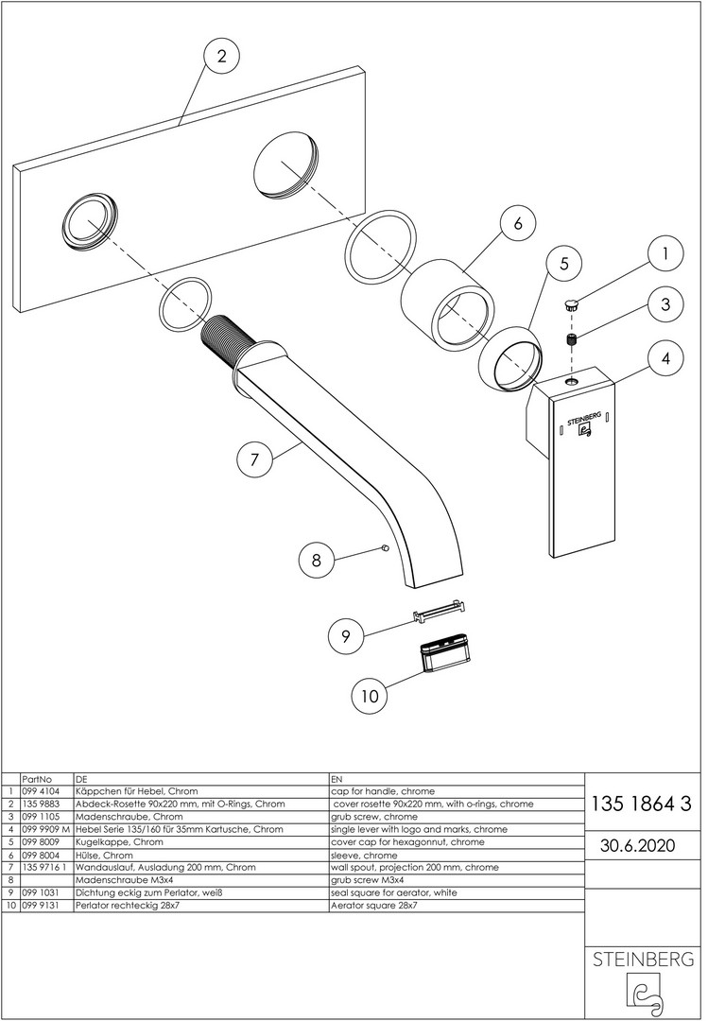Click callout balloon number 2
coord(221,57)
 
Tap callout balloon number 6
coord(517,224)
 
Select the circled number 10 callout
coord(370,696)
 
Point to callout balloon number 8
coord(317,560)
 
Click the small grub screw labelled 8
coord(384,547)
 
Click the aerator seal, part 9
coord(441,613)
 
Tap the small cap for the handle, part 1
coord(572,305)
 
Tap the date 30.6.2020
coord(637,845)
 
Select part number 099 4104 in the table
coord(40,790)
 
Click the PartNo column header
coord(35,778)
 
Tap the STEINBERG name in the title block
coord(643,960)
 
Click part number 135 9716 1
coord(43,867)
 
